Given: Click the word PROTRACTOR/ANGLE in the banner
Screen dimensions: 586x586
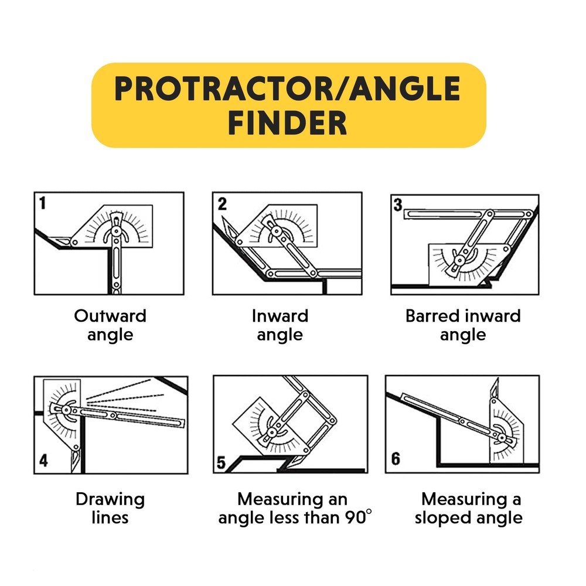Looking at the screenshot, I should (288, 89).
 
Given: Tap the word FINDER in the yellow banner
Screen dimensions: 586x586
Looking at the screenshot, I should (288, 124).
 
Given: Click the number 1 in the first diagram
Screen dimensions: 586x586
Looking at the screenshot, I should (43, 203).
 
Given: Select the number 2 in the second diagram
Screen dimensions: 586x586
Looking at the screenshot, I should (222, 204).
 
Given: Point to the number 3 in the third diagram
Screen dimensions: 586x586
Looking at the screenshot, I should (398, 205).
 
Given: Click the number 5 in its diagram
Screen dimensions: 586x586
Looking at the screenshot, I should (221, 462).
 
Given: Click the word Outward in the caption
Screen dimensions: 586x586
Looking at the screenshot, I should (110, 316).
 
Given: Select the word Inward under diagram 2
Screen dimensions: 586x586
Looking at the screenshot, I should (280, 316).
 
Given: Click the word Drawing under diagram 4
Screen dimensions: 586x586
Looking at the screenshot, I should (110, 500).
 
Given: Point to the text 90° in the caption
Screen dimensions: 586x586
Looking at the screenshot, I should (358, 518).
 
